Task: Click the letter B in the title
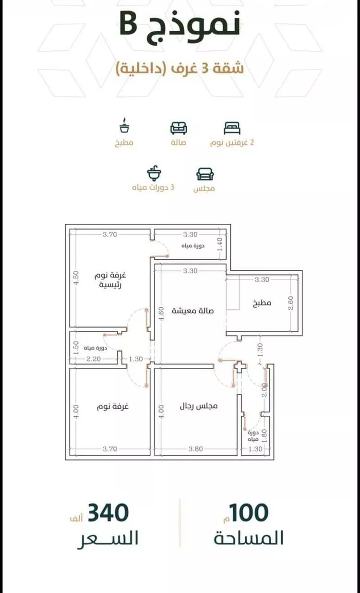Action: (129, 24)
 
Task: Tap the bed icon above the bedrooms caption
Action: (232, 128)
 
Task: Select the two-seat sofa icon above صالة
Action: (179, 128)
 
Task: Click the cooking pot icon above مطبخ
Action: (124, 125)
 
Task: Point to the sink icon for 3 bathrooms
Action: (154, 173)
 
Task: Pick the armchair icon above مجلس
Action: (205, 174)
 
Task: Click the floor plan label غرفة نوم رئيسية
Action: (110, 280)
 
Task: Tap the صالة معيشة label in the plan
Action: (192, 310)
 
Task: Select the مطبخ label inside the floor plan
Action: (262, 303)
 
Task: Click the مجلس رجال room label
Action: (199, 406)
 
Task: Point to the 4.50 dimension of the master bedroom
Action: (76, 278)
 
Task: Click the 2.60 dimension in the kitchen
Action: (291, 303)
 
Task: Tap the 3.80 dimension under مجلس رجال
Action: (196, 449)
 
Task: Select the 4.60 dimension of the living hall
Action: (161, 313)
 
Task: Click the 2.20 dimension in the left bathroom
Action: (94, 359)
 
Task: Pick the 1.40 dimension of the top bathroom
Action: (220, 244)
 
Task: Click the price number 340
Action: (108, 513)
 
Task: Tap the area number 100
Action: (249, 513)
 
